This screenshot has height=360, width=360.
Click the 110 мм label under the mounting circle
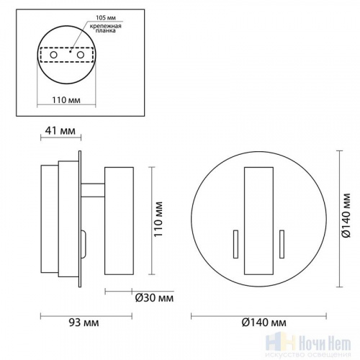pos(68,102)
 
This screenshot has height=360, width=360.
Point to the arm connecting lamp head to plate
pos(93,192)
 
